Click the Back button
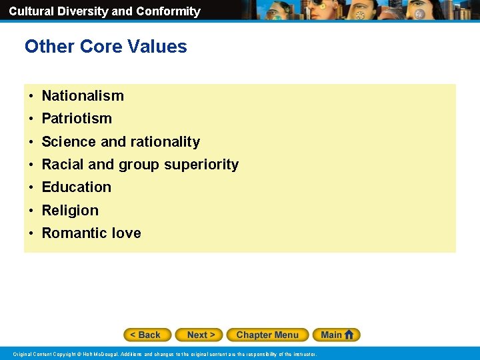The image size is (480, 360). (147, 335)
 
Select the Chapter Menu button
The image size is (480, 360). (267, 335)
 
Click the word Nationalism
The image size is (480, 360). (83, 96)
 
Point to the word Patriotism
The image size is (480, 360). (77, 119)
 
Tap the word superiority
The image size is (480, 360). (201, 165)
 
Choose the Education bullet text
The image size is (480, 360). (77, 187)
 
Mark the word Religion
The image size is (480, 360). (70, 211)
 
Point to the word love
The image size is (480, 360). (127, 233)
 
